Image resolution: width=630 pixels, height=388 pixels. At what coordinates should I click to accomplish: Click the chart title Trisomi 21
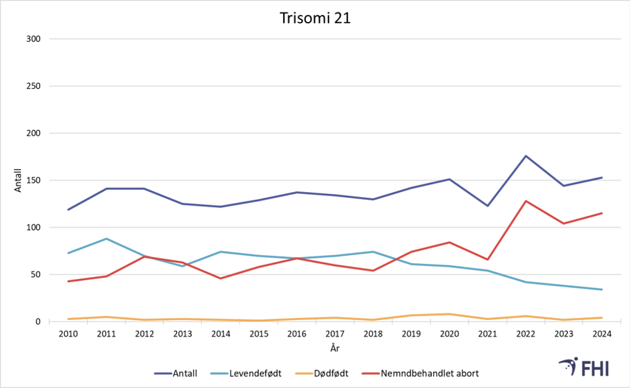314,19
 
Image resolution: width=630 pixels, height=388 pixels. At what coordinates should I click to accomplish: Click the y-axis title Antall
19,180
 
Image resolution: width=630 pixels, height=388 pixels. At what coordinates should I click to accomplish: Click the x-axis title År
334,348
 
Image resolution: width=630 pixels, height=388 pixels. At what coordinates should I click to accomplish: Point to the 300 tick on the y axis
32,39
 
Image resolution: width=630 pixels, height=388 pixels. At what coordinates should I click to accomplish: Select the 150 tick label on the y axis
32,180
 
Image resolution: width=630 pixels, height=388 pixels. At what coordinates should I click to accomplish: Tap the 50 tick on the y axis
35,274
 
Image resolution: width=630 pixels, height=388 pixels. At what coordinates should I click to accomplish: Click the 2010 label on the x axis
68,334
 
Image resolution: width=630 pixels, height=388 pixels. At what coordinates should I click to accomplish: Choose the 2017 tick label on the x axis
334,334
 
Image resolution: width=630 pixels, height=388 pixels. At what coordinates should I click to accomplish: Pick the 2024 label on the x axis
601,334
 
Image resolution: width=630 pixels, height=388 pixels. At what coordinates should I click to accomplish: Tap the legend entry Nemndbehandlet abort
422,373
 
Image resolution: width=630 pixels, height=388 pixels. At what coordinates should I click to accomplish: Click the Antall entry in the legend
176,373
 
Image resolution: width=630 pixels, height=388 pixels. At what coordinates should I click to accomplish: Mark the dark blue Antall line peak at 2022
525,156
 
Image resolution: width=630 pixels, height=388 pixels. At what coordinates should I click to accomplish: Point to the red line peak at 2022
525,201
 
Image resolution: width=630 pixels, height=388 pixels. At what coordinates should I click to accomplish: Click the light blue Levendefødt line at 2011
107,239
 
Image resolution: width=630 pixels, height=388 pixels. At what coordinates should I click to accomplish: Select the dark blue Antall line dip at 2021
487,206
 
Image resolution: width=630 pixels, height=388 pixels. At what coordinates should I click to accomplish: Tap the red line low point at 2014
221,278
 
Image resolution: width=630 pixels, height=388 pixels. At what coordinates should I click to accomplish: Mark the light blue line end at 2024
601,289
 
